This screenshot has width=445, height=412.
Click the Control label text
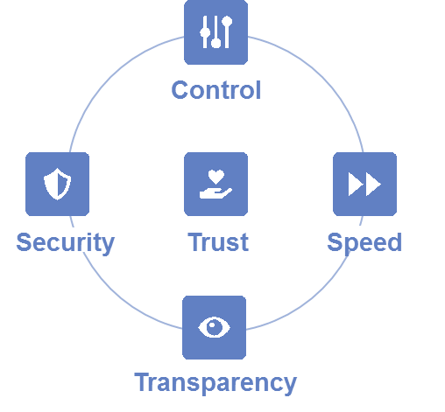click(216, 90)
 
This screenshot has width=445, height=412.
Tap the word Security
click(66, 243)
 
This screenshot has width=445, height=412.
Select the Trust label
click(218, 242)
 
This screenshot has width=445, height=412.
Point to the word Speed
click(364, 243)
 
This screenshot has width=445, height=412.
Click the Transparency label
click(215, 383)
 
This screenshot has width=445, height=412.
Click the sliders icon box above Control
click(216, 32)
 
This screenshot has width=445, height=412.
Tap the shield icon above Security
click(58, 184)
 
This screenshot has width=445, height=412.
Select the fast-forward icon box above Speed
click(364, 184)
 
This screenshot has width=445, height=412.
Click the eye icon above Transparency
click(214, 327)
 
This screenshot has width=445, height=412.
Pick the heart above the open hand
click(216, 177)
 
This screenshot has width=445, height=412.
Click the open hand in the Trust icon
click(215, 193)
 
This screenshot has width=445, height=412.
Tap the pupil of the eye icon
click(214, 327)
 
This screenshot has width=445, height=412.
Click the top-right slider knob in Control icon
click(227, 22)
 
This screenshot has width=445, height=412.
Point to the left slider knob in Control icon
click(205, 32)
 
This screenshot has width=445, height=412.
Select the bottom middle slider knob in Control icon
click(216, 43)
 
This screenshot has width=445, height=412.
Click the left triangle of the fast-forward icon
click(356, 184)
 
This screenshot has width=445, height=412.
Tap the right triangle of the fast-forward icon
click(373, 184)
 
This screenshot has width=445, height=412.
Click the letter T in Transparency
click(142, 381)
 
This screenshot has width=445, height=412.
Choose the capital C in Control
click(180, 90)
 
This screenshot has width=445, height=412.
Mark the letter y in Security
click(108, 246)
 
